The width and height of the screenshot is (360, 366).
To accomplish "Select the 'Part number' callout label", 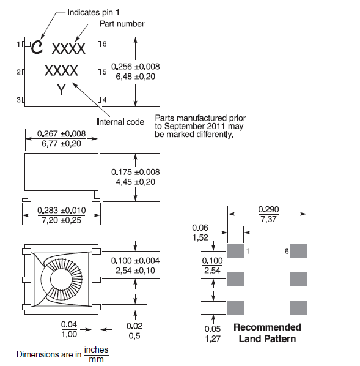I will tap(122, 24).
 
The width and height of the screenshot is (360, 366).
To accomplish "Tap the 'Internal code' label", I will tap(121, 122).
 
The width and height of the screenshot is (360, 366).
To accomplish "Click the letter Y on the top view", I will tap(61, 90).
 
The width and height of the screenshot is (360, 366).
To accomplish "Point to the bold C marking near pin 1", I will tap(37, 47).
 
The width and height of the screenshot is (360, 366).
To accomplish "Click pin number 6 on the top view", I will tap(105, 44).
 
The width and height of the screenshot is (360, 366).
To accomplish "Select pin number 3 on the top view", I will tap(18, 99).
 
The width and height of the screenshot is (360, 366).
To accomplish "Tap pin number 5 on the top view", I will tap(105, 72).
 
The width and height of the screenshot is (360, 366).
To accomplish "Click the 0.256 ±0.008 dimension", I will tap(136, 67).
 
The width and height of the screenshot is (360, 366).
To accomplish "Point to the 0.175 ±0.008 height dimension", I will tap(136, 172).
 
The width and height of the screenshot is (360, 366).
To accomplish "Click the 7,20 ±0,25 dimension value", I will tap(61, 220).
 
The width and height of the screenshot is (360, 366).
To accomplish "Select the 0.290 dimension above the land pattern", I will tap(268, 209).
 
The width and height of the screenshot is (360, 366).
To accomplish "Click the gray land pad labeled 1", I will tap(235, 251).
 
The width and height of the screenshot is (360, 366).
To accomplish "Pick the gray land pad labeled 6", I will tap(298, 251).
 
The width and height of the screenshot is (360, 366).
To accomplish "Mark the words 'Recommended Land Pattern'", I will tap(267, 332).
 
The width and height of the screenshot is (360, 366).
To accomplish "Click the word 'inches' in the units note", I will tap(96, 349).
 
